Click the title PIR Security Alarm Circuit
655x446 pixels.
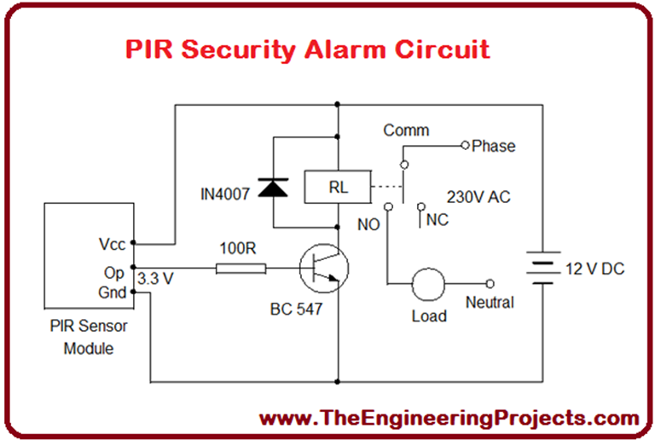click(308, 49)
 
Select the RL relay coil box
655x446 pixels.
click(338, 188)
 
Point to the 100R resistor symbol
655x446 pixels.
click(241, 269)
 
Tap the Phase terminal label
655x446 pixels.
click(494, 146)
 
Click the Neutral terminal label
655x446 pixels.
click(490, 302)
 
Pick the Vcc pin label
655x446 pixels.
click(112, 245)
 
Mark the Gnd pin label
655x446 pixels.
click(112, 292)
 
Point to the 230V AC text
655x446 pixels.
click(478, 196)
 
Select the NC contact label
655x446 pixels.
click(437, 219)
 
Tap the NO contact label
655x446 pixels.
click(369, 225)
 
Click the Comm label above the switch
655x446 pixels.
click(406, 130)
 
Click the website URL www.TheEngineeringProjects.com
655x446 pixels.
click(449, 419)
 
